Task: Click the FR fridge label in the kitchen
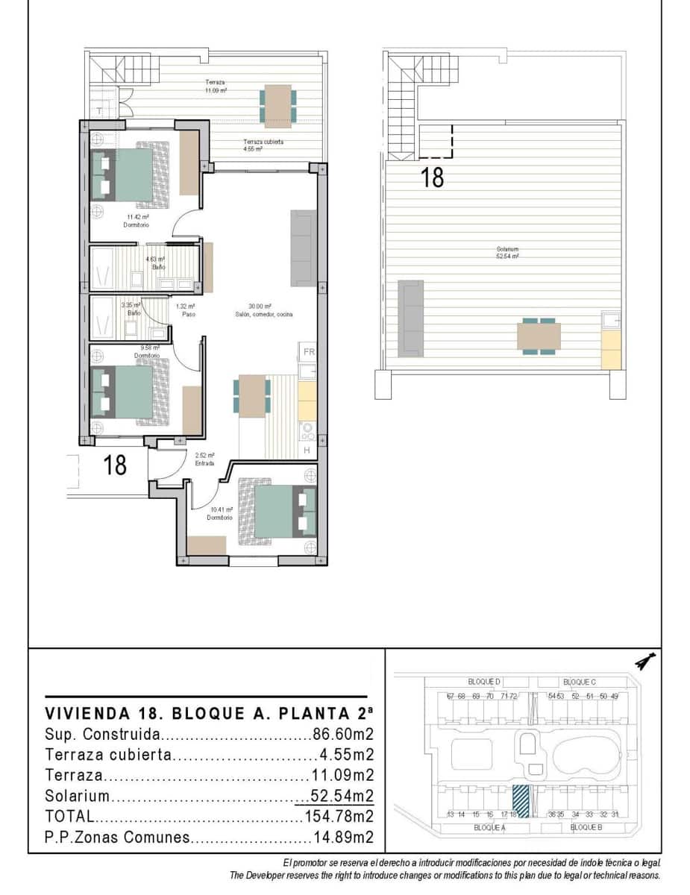tap(309, 351)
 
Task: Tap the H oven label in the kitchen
tap(307, 450)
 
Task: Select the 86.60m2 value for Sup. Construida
tap(342, 733)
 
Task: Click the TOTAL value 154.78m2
tap(339, 816)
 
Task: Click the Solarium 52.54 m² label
tap(507, 252)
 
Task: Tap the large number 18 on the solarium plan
tap(433, 178)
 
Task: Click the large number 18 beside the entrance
tap(115, 465)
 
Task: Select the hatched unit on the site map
tap(520, 802)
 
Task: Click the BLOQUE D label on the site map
tap(484, 682)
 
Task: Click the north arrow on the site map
tap(644, 662)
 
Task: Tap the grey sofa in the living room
tap(302, 248)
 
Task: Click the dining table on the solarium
tap(539, 336)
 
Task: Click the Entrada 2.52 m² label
tap(204, 459)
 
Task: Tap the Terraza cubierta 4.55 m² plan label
tap(263, 145)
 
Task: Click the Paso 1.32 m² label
tap(186, 310)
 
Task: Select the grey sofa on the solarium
tap(411, 317)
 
